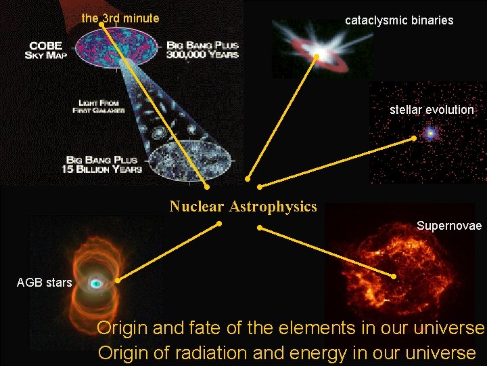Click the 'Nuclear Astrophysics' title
point(243,207)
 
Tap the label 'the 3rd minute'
point(120,18)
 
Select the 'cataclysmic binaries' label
point(399,20)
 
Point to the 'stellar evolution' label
point(432,110)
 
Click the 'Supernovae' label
point(449,225)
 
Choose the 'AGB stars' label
point(44,283)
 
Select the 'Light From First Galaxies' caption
point(99,106)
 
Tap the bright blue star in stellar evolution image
point(430,134)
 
